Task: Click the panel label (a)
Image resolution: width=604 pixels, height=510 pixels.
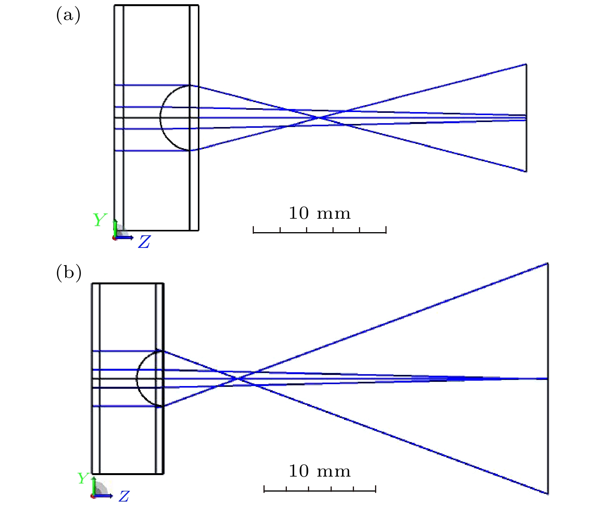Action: tap(68, 15)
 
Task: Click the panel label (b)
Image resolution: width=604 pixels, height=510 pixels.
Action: tap(69, 273)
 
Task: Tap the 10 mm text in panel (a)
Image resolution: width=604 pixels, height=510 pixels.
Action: tap(320, 213)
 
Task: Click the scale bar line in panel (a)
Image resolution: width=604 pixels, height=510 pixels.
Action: tap(320, 233)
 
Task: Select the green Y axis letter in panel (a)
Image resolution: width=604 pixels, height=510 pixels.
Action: tap(99, 220)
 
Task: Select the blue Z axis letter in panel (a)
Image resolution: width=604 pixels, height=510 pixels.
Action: tap(144, 242)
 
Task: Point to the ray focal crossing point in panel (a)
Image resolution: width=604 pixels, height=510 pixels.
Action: tap(318, 117)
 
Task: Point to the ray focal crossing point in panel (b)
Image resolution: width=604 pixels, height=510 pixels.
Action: tap(237, 378)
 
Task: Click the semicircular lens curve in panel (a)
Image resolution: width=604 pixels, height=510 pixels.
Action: tap(160, 117)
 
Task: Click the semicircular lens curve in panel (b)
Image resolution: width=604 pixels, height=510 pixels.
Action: tap(137, 378)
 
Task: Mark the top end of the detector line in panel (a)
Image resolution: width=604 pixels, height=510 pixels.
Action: tap(526, 64)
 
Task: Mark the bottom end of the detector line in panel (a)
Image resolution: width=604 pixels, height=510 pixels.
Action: tap(526, 172)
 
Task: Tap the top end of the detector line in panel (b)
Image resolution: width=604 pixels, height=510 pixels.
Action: tap(548, 263)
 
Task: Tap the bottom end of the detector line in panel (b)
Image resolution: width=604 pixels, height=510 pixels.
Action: tap(548, 493)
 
